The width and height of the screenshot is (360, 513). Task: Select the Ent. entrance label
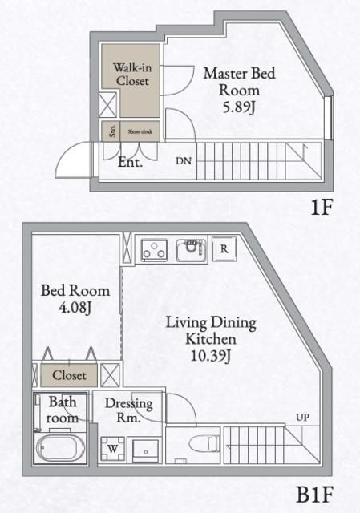(x=130, y=162)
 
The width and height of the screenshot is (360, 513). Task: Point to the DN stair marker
(x=184, y=160)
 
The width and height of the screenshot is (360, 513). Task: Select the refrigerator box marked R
(x=224, y=248)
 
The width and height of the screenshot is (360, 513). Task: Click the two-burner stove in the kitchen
(x=153, y=250)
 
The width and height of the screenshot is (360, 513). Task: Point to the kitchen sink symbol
(x=192, y=249)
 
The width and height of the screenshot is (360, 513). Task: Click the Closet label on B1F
(x=70, y=374)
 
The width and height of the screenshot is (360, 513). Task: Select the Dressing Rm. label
(x=128, y=410)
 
